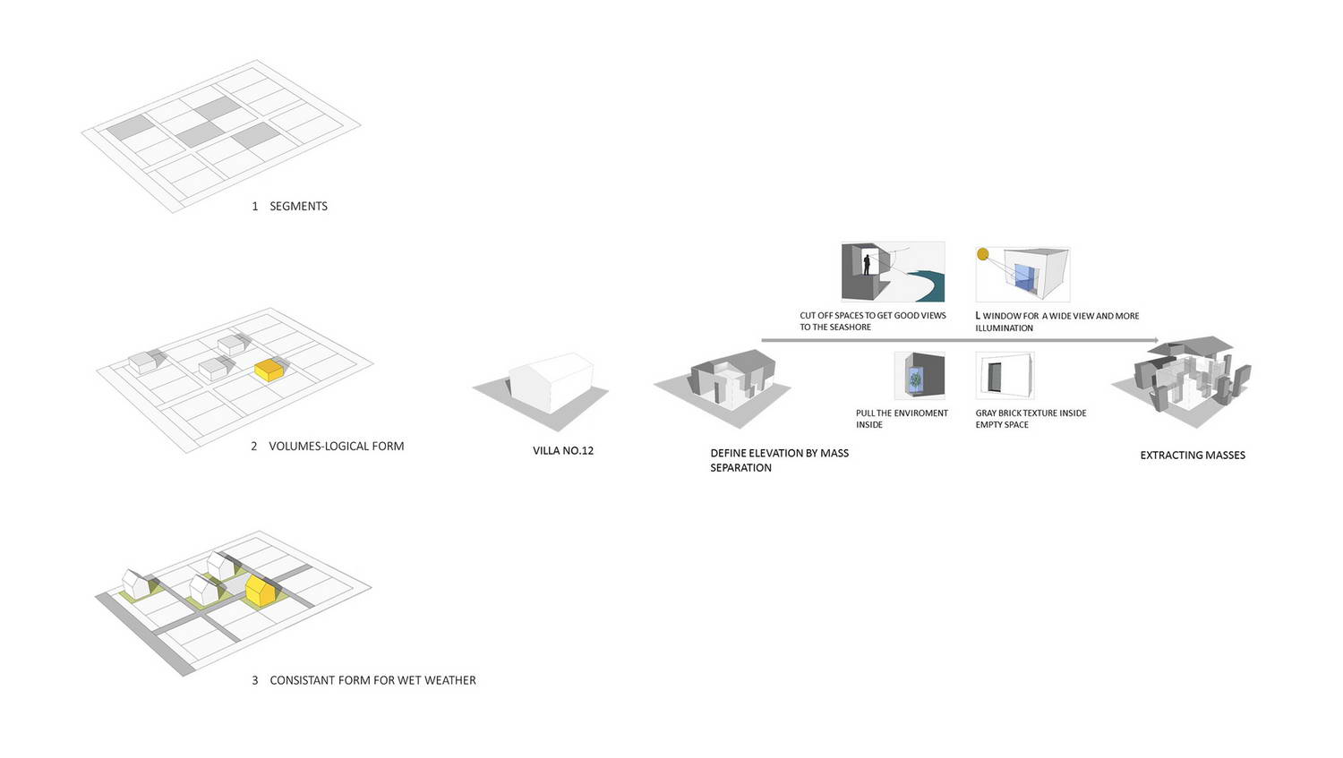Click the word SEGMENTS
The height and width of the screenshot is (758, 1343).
coord(298,206)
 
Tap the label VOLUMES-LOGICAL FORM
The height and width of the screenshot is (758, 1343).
coord(337,446)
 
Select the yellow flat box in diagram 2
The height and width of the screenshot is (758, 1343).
coord(269,370)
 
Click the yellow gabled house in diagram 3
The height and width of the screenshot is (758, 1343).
coord(261,591)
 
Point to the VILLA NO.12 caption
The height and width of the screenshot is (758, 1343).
coord(563,451)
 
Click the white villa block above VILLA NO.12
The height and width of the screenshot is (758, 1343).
coord(552,382)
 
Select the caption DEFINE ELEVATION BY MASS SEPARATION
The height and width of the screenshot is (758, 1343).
coord(780,460)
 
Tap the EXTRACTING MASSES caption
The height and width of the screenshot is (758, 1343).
coord(1193,456)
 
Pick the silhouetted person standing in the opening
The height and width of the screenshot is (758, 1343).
coord(867,264)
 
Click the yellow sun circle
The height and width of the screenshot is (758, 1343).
coord(983,254)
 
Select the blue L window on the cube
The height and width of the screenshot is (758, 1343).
coord(1024,278)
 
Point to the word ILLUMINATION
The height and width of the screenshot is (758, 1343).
coord(1005,328)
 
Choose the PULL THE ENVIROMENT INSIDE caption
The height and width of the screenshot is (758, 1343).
coord(902,419)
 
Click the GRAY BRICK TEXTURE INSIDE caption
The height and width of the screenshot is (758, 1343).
coord(1031,413)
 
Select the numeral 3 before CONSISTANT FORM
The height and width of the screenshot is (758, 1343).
coord(255,681)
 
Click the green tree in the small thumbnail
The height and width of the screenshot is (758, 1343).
coord(916,379)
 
